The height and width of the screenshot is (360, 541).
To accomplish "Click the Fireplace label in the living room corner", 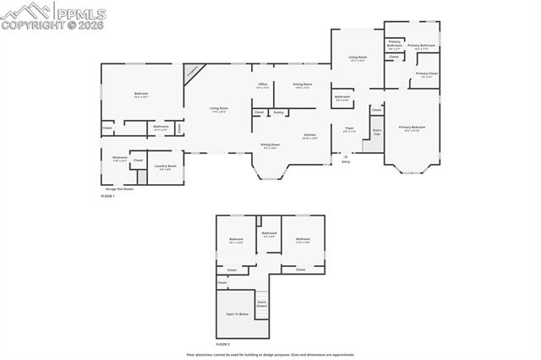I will click(194, 73).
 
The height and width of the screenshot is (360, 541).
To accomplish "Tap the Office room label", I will click(263, 85).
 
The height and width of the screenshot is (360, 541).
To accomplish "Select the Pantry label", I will click(278, 112).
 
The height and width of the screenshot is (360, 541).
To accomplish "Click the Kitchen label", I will click(310, 136).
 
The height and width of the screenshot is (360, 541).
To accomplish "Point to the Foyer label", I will click(349, 130).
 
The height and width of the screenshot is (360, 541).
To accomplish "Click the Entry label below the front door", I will click(346, 161).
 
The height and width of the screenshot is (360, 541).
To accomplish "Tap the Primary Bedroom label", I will click(412, 128).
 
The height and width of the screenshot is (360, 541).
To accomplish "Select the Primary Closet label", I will click(427, 74).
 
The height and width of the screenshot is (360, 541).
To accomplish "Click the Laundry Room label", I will click(166, 166).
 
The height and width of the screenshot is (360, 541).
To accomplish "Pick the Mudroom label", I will click(120, 158).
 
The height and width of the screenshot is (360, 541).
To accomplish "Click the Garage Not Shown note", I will click(119, 188).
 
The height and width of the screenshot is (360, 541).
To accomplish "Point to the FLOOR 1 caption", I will click(107, 196).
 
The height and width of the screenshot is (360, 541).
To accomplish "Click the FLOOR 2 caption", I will click(222, 345).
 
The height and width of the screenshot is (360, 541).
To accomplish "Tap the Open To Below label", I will click(237, 314).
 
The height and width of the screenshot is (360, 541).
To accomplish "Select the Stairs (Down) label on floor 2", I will click(261, 303).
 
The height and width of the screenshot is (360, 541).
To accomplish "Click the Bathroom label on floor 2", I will click(269, 234).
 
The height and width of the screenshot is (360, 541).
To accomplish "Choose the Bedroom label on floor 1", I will click(141, 94).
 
